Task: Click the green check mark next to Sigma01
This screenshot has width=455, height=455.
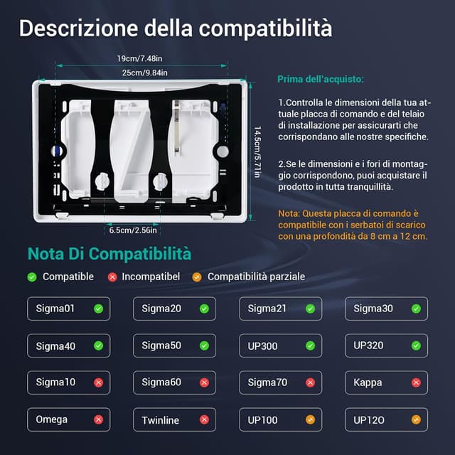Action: [99, 309]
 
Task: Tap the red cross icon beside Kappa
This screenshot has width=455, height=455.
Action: [416, 382]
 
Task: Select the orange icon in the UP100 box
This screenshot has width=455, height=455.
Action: [310, 419]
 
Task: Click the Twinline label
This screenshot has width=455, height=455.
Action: [160, 420]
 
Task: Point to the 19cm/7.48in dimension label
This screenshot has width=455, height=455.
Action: [139, 58]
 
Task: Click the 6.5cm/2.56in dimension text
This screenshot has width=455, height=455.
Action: [133, 230]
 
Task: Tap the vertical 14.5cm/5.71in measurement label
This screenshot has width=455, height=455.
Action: [257, 151]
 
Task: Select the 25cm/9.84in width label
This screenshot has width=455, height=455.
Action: [145, 73]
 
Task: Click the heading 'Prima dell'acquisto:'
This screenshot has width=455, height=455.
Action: [321, 79]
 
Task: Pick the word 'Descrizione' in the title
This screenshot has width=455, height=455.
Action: [78, 28]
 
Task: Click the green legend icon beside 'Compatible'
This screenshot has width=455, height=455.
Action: [32, 277]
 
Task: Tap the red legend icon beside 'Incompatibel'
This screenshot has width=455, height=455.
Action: [112, 277]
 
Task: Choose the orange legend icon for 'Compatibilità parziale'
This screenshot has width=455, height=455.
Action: [197, 277]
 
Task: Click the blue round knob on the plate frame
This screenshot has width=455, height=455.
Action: [57, 151]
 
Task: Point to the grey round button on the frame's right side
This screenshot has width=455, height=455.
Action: [223, 151]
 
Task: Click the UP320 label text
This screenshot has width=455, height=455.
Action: [368, 346]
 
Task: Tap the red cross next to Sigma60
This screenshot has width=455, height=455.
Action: [204, 382]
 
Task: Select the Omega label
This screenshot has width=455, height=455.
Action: [52, 419]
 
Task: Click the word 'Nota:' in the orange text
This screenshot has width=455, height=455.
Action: [289, 213]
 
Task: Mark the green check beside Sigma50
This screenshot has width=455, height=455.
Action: [204, 346]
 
